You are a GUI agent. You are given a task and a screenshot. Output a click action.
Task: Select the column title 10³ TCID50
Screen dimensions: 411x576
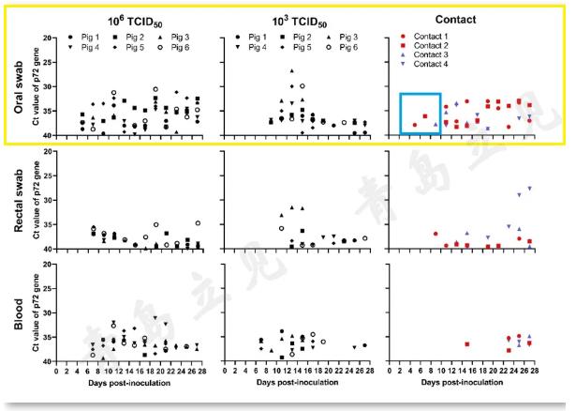291,19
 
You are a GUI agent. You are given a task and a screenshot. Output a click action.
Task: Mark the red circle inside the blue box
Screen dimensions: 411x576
415,125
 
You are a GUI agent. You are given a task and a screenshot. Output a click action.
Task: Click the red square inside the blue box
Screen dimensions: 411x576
425,117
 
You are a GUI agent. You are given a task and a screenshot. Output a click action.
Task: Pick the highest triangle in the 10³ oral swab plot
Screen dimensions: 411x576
291,71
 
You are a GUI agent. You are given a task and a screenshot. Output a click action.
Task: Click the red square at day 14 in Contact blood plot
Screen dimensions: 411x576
466,344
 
